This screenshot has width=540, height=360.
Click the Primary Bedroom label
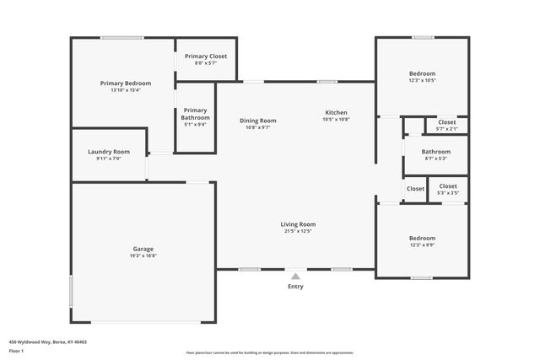pyautogui.click(x=126, y=83)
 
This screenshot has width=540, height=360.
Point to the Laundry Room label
pyautogui.click(x=109, y=152)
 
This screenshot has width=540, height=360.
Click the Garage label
pyautogui.click(x=143, y=249)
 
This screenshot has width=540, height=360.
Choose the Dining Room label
pyautogui.click(x=257, y=121)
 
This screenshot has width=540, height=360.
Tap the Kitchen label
pyautogui.click(x=336, y=113)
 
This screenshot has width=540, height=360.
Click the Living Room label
pyautogui.click(x=299, y=224)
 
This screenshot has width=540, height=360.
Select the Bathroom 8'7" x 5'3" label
pyautogui.click(x=435, y=152)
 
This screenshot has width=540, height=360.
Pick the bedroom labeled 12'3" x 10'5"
pyautogui.click(x=422, y=73)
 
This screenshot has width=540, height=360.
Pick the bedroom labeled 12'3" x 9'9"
pyautogui.click(x=422, y=238)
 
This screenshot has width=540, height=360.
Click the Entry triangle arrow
pyautogui.click(x=295, y=276)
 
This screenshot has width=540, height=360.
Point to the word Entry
pyautogui.click(x=295, y=287)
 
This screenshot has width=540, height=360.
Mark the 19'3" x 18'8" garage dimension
pyautogui.click(x=143, y=255)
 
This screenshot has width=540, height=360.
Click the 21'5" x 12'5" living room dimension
pyautogui.click(x=299, y=231)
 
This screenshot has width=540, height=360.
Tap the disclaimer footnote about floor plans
pyautogui.click(x=270, y=353)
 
